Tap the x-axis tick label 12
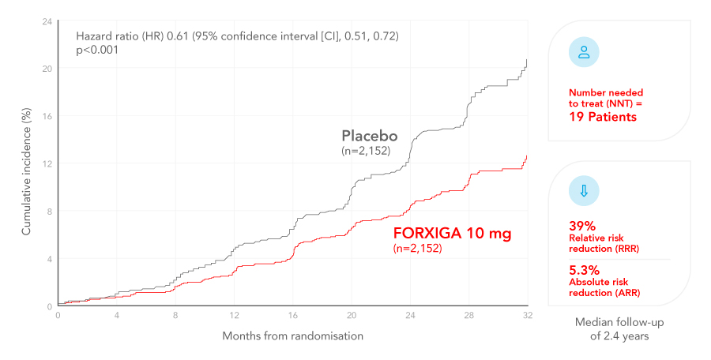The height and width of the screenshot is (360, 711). pyautogui.click(x=234, y=316)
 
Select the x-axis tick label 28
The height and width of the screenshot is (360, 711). pyautogui.click(x=468, y=316)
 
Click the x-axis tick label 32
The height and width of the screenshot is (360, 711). pyautogui.click(x=527, y=316)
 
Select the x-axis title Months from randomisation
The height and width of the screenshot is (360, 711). pyautogui.click(x=292, y=336)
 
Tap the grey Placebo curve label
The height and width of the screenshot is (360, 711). pyautogui.click(x=369, y=136)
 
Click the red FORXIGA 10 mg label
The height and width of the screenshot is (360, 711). pyautogui.click(x=452, y=234)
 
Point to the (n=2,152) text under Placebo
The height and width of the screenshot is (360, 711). pyautogui.click(x=365, y=151)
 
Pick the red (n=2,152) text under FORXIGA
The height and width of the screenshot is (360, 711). pyautogui.click(x=417, y=249)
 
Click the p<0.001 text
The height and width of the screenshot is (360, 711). pyautogui.click(x=97, y=50)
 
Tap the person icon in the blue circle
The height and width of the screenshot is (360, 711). pyautogui.click(x=584, y=53)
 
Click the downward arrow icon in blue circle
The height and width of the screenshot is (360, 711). pyautogui.click(x=584, y=191)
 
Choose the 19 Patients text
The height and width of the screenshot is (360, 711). pyautogui.click(x=603, y=117)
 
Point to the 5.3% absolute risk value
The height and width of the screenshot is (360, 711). pyautogui.click(x=585, y=269)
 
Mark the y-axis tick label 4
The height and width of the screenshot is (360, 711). pyautogui.click(x=49, y=258)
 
